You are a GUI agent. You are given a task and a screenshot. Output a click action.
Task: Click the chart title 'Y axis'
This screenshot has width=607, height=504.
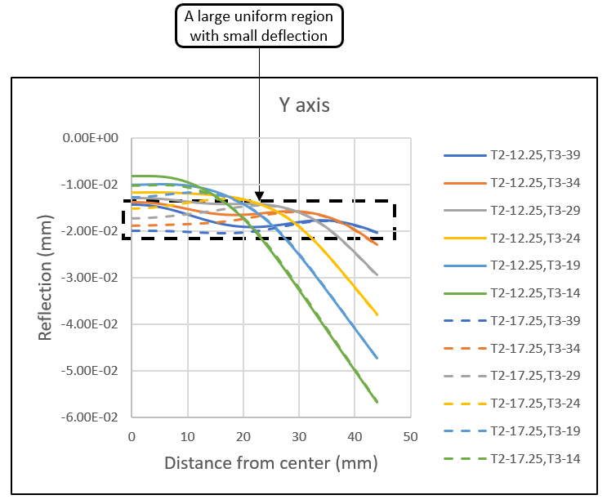304,105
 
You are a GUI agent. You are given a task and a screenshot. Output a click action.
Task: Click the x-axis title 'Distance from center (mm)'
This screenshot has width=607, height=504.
271,462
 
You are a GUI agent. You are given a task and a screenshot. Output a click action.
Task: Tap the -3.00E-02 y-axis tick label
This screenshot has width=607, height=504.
90,278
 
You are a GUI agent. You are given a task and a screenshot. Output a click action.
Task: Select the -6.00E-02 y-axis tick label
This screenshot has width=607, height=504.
90,417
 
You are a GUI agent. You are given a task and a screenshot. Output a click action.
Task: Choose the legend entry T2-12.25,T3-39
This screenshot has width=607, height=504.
535,154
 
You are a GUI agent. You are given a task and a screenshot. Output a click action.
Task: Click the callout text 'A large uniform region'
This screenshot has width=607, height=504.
259,17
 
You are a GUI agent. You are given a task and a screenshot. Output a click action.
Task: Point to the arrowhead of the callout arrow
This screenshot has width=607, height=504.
259,198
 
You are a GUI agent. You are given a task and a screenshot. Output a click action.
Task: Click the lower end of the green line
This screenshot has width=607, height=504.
377,402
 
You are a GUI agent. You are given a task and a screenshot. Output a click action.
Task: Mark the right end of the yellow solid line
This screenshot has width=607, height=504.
377,314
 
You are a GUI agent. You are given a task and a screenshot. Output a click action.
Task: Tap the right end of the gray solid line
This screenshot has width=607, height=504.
377,274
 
